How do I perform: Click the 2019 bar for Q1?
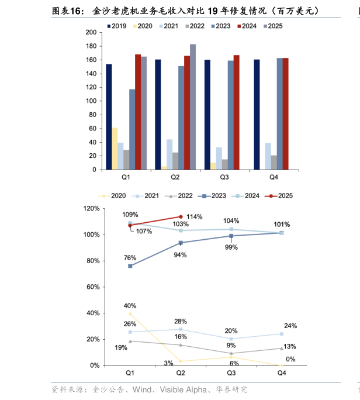point(109,117)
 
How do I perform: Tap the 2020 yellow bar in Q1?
point(115,149)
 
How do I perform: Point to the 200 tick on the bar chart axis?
point(91,33)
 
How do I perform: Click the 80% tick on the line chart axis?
point(91,261)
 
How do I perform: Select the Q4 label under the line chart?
point(281,373)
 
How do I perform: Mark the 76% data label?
point(130,258)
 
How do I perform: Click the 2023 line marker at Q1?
point(130,266)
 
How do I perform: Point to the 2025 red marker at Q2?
point(181,216)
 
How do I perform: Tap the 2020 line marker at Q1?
point(130,313)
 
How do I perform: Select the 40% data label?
point(130,306)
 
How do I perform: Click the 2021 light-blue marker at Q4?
point(281,334)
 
